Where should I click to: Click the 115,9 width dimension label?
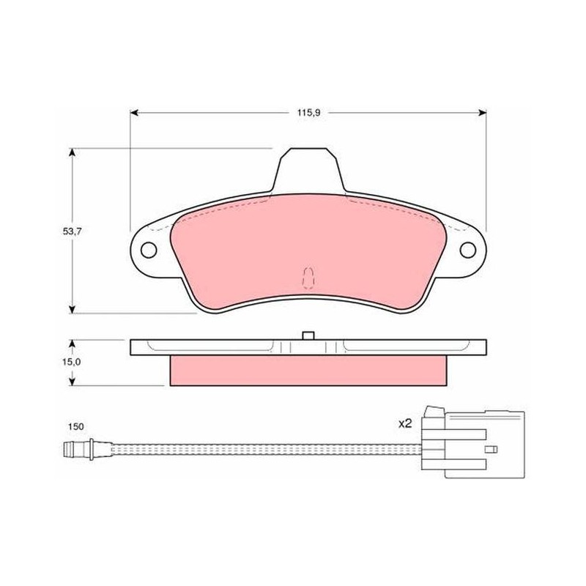point(308,113)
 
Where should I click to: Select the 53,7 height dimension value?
point(72,231)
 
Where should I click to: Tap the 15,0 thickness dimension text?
point(72,362)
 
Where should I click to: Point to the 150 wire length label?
point(76,427)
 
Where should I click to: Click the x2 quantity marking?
point(405,423)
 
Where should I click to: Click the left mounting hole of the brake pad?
point(149,250)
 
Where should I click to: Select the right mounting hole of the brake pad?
point(468,250)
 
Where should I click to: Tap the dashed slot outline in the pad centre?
point(308,278)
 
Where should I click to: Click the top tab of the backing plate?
point(308,170)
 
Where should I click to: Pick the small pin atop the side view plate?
point(308,335)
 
